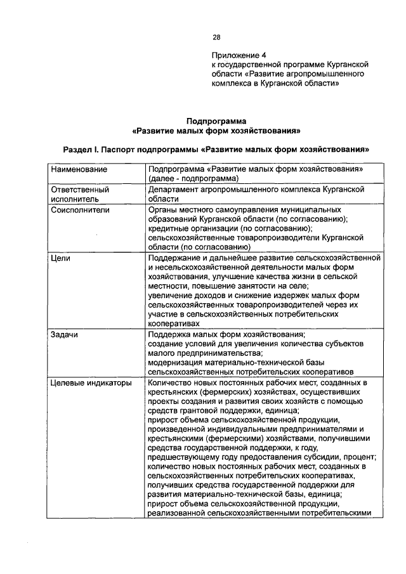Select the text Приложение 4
click(x=235, y=55)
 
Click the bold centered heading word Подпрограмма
click(x=216, y=121)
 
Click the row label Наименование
click(x=79, y=170)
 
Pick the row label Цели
click(x=61, y=258)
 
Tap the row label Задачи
click(x=65, y=334)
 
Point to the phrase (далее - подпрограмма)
click(x=192, y=179)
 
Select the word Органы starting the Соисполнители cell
click(x=162, y=209)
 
